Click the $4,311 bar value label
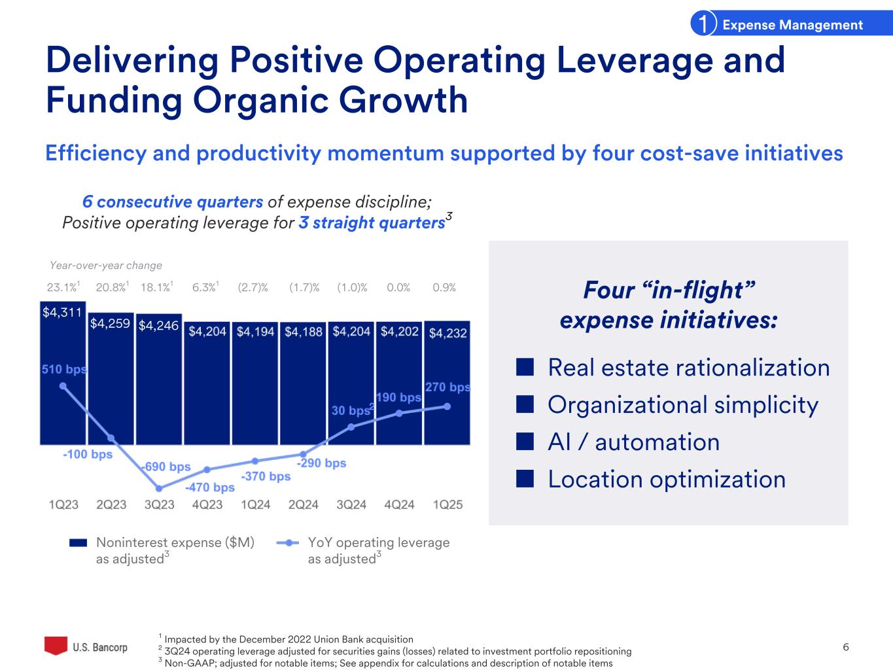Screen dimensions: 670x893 pos(62,313)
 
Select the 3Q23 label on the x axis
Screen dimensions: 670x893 pos(159,504)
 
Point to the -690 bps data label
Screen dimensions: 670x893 pos(166,467)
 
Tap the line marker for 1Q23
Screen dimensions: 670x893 pos(63,386)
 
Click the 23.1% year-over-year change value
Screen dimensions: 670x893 pos(61,287)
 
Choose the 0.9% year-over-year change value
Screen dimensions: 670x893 pos(444,287)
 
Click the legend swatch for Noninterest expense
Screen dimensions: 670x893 pos(79,542)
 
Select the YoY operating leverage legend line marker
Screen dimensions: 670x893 pos(288,542)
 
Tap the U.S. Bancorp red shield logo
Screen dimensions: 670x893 pos(56,646)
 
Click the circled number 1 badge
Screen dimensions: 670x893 pos(702,25)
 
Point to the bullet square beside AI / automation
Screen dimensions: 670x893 pos(523,442)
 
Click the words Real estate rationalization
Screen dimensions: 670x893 pos(688,368)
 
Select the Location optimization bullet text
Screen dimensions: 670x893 pos(666,480)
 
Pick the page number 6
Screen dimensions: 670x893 pos(846,647)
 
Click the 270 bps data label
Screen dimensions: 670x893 pos(447,387)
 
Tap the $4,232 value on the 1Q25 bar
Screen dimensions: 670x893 pos(447,333)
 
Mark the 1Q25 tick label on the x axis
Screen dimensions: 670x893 pos(447,504)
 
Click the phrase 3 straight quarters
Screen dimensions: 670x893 pos(372,223)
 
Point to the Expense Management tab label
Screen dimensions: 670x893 pos(792,25)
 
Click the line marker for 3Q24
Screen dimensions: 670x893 pos(351,427)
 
